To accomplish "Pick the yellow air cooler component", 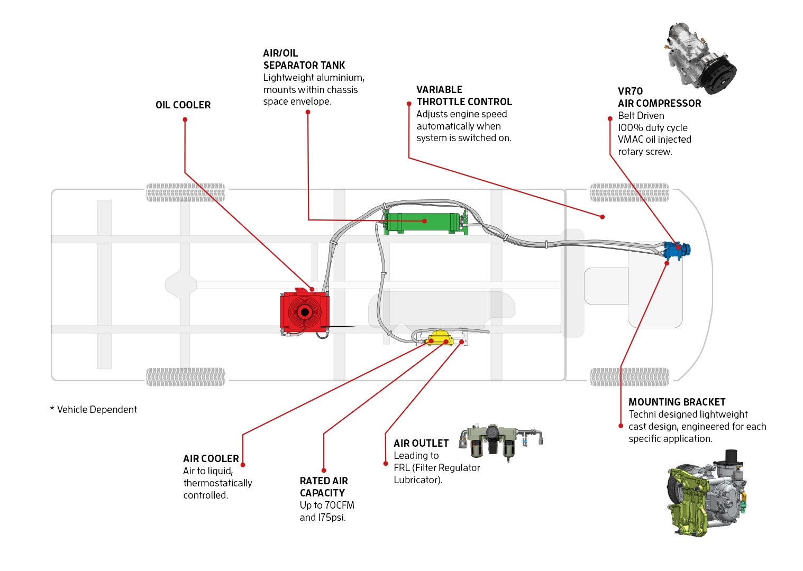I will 440,337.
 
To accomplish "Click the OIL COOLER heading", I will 183,105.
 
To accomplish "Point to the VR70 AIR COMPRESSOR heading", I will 659,97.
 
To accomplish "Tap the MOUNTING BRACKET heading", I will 677,402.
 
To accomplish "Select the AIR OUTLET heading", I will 421,443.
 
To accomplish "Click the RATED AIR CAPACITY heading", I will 324,487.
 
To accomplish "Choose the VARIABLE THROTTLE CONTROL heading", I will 464,96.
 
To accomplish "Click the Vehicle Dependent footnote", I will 94,410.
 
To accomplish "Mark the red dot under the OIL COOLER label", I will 185,119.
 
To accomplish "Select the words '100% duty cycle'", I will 653,127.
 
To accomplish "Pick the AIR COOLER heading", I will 211,458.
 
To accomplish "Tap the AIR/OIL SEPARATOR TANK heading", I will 304,59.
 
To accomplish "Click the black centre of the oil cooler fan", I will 304,312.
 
